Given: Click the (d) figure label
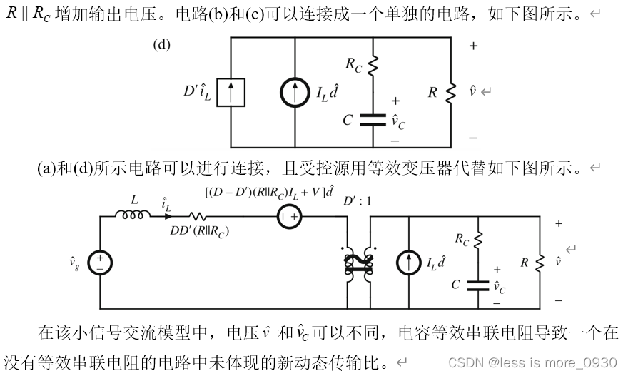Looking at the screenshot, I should coord(162,45).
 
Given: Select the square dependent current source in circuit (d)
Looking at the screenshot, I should coord(231,92).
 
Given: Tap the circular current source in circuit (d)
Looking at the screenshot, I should coord(295,93).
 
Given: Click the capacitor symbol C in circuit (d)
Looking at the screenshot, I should coord(373,120).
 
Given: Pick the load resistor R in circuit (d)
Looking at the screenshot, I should coord(450,92).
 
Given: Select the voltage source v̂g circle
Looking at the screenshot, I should coord(100,263).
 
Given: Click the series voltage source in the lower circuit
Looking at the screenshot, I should coord(288,215).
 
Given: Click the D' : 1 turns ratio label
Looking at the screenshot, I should coord(358,201).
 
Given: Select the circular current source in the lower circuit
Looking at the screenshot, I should coord(409,263).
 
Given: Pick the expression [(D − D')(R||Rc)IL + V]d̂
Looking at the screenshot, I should coord(269,191).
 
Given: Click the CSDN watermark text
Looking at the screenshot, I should coord(532,362).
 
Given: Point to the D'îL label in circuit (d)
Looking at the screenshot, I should coord(197,92).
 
